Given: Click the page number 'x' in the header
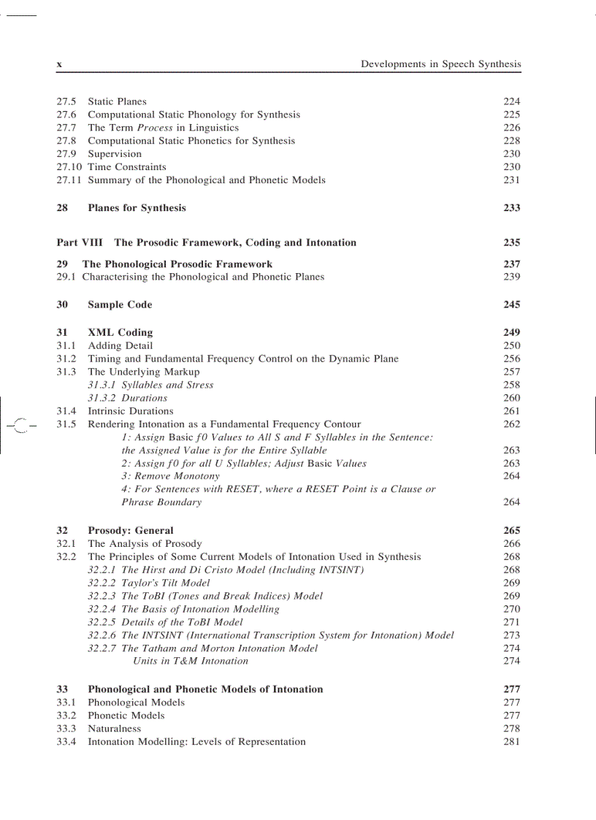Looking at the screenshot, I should (59, 64).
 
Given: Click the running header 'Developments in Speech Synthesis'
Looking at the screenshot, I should (440, 64).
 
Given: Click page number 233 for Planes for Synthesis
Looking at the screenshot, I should (511, 208).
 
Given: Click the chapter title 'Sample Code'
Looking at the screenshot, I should (120, 305).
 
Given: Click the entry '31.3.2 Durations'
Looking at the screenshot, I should (128, 399).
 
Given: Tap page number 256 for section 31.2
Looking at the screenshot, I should (511, 359).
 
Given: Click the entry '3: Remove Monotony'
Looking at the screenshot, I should (170, 476).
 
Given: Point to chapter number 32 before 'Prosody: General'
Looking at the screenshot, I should (63, 531).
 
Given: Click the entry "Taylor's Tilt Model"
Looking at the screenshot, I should (165, 583).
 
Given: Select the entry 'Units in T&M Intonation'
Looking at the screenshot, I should (191, 662).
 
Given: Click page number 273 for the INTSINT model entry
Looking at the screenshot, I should (511, 636).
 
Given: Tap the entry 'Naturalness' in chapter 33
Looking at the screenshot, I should (114, 729).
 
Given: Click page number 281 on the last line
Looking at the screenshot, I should (511, 742).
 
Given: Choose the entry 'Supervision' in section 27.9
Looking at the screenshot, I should (115, 154).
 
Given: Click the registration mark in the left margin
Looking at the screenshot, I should (19, 424).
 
